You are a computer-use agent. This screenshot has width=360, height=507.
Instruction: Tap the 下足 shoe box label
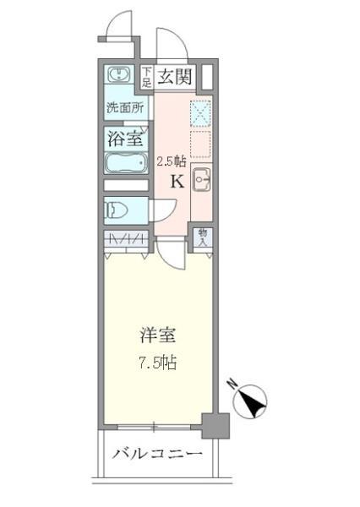[146, 77]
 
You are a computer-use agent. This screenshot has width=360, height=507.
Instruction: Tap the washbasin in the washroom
[121, 75]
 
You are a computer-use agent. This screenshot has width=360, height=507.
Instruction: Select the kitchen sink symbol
[203, 178]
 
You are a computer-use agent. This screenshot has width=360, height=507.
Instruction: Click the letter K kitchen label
[177, 181]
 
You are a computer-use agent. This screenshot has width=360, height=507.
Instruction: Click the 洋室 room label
[158, 335]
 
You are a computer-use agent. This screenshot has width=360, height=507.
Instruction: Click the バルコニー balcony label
[158, 455]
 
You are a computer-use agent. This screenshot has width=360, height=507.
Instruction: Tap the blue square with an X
[202, 112]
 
